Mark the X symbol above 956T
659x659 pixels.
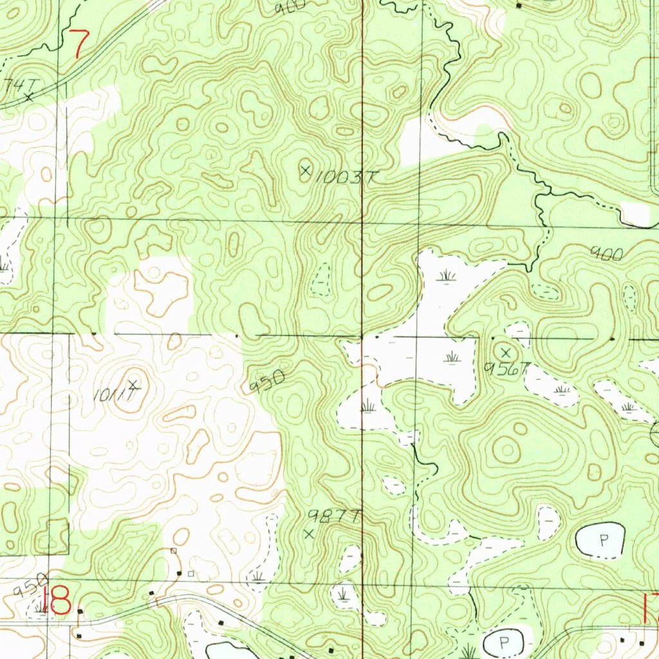click(x=506, y=353)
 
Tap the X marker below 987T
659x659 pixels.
click(x=310, y=534)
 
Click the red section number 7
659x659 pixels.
click(x=80, y=44)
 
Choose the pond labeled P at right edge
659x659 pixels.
click(x=602, y=541)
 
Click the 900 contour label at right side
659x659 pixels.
click(x=608, y=255)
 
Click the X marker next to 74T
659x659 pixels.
click(x=29, y=97)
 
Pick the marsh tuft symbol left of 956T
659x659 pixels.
click(x=452, y=356)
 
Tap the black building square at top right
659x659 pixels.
click(x=519, y=6)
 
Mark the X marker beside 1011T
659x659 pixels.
click(x=133, y=385)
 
